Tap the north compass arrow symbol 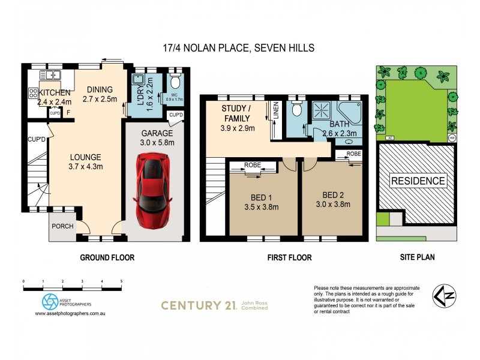(x=443, y=296)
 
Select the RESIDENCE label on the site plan (x=418, y=181)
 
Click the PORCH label (x=62, y=227)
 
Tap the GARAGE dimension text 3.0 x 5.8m (x=157, y=143)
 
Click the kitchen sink (x=50, y=75)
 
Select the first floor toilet (x=295, y=110)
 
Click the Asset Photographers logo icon (x=49, y=301)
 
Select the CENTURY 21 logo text (x=198, y=305)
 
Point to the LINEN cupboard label (x=276, y=112)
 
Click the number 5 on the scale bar (x=121, y=281)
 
